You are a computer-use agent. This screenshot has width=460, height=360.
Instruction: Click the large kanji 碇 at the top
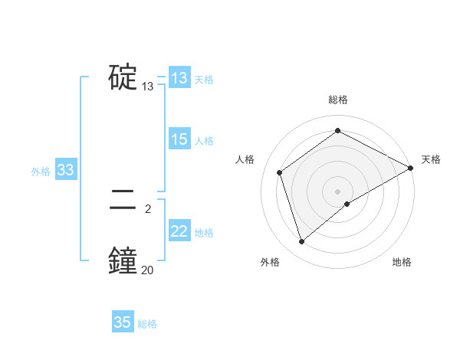[x=123, y=77]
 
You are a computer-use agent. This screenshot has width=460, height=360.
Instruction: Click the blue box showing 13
[x=179, y=78]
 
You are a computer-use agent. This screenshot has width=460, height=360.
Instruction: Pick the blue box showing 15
[x=179, y=139]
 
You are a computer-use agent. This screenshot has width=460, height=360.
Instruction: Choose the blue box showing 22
[x=179, y=231]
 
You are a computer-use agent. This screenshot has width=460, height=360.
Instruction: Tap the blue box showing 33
[x=65, y=170]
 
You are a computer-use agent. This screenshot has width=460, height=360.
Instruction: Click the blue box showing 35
[x=123, y=322]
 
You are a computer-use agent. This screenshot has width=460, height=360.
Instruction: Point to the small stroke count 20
[x=147, y=269]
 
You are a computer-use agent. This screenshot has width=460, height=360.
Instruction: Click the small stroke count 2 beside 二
[x=147, y=208]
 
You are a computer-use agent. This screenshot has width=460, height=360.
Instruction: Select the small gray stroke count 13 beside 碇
[x=147, y=87]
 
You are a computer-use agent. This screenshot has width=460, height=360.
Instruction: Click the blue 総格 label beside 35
[x=147, y=324]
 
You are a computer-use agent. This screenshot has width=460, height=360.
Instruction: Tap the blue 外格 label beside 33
[x=41, y=172]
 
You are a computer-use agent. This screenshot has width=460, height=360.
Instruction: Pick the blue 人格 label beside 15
[x=204, y=141]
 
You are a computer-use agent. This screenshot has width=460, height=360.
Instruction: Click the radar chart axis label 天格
[x=431, y=159]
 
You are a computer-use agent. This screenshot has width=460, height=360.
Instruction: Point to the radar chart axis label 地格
[x=402, y=263]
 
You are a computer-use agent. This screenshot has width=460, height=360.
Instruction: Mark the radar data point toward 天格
[x=411, y=168]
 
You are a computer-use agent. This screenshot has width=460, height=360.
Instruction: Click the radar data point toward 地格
[x=347, y=204]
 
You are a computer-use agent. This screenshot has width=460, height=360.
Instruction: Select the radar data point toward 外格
[x=301, y=242]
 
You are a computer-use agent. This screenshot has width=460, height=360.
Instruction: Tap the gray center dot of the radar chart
[x=337, y=191]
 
